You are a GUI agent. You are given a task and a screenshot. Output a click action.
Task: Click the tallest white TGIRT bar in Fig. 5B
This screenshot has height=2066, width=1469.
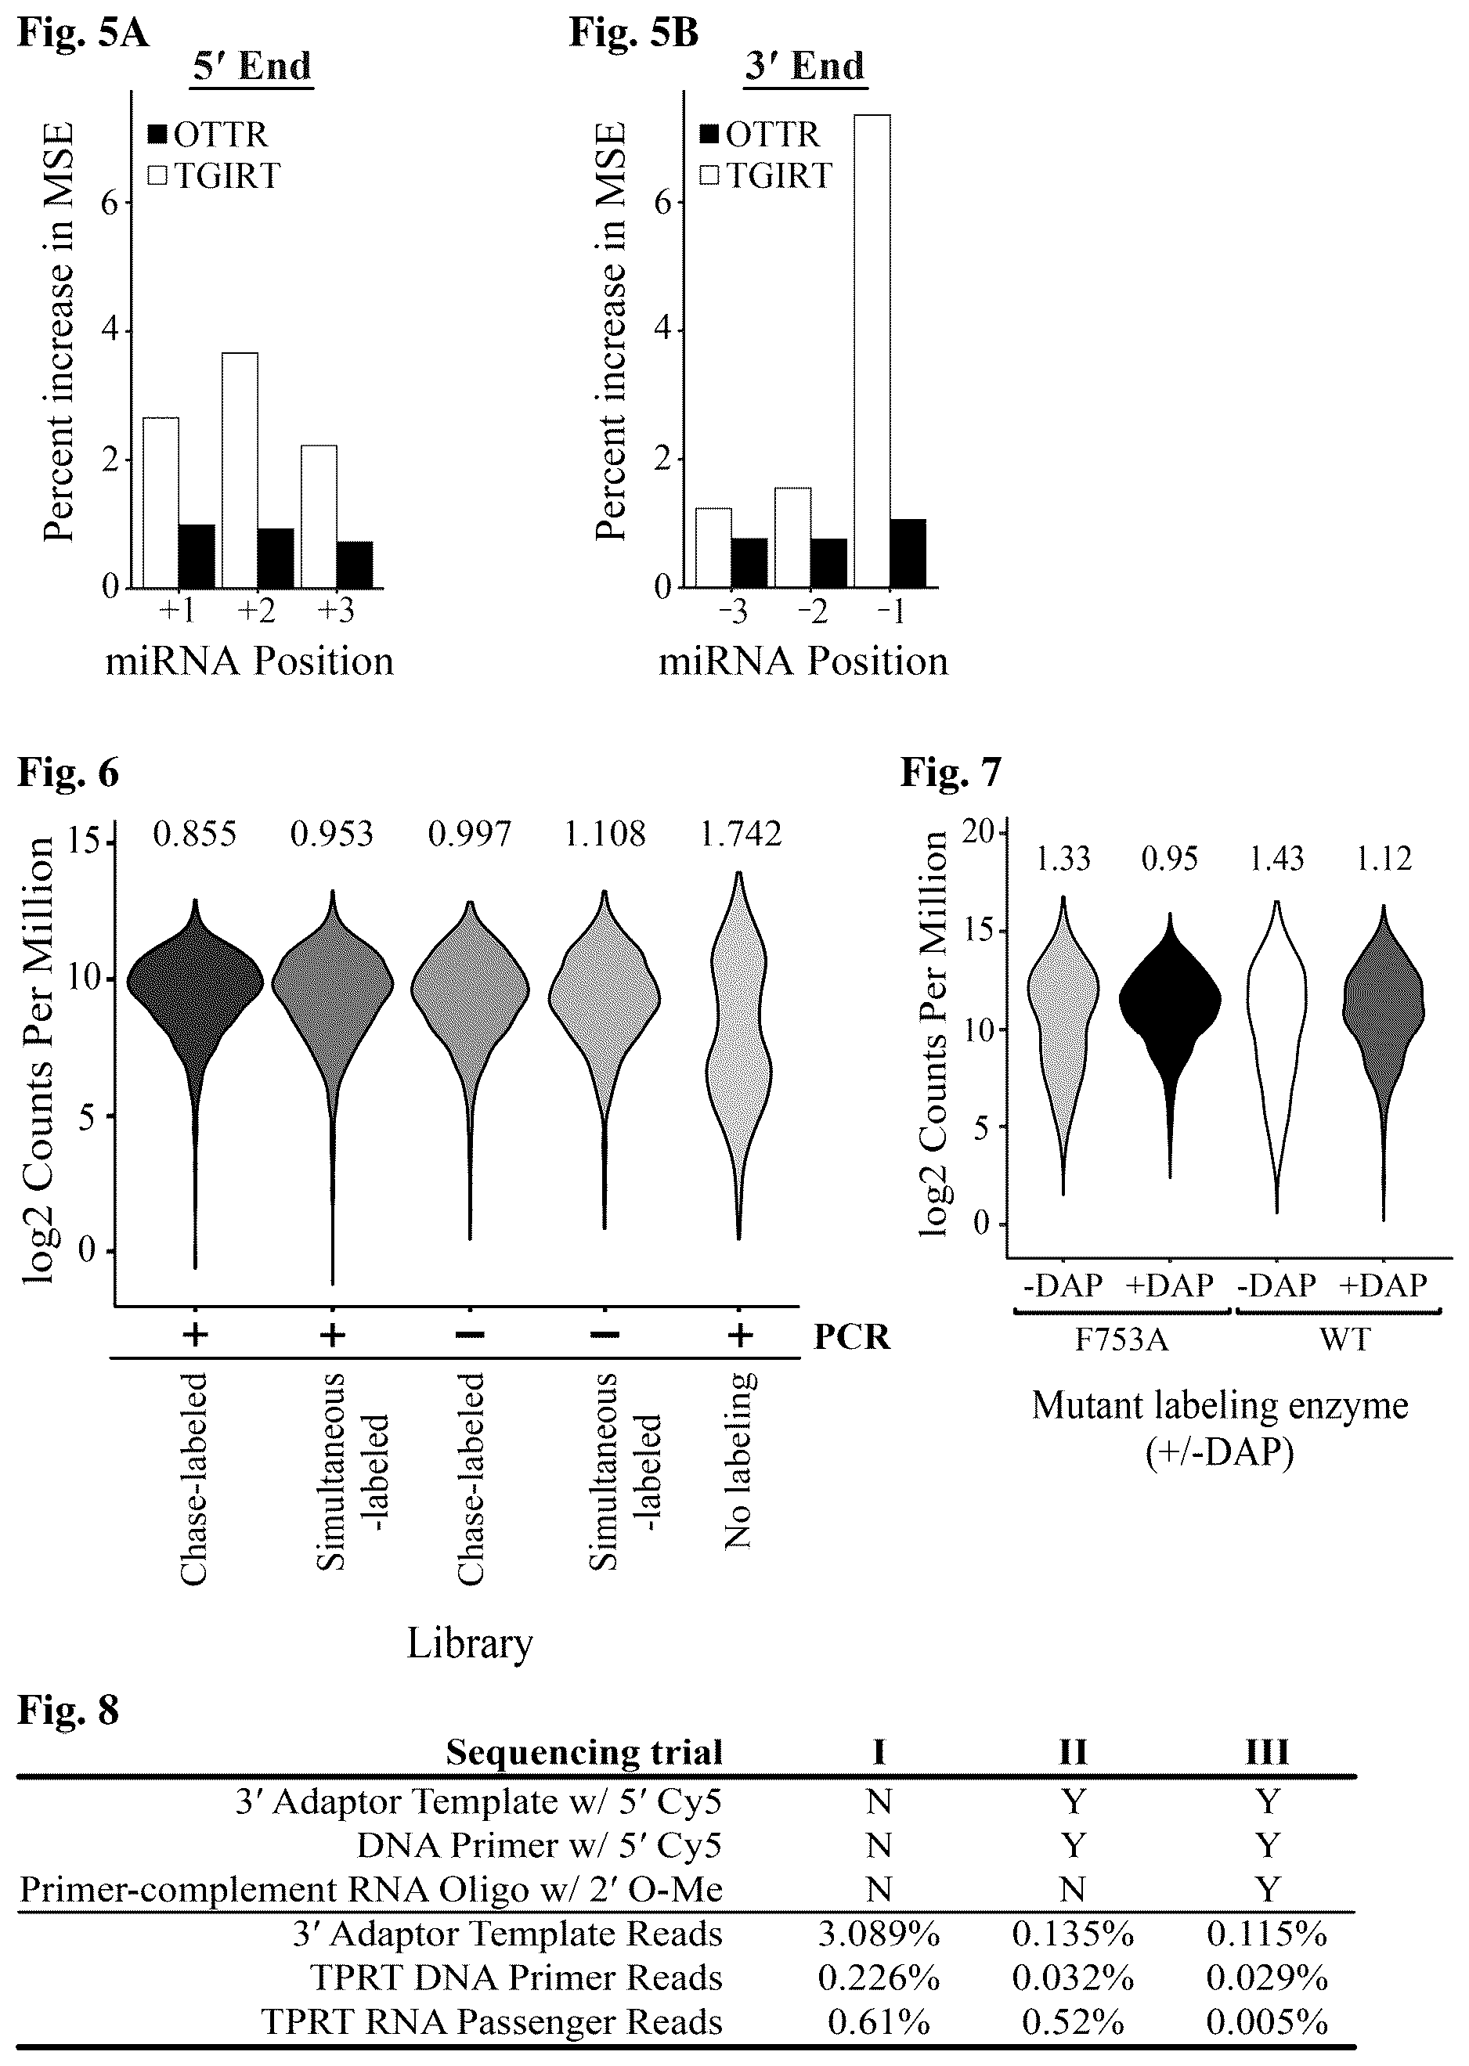tap(872, 351)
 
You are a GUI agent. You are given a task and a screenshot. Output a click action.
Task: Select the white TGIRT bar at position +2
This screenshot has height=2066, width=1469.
tap(240, 471)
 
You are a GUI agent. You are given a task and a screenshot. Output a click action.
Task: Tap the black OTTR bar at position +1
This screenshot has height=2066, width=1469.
tap(197, 556)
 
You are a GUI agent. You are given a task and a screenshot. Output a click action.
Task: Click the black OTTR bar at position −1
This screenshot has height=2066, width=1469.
tap(908, 553)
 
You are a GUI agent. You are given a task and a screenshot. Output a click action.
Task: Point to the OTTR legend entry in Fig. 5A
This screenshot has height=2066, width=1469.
tap(208, 135)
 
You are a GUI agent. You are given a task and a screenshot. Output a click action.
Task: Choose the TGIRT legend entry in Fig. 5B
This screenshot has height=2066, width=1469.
tap(765, 175)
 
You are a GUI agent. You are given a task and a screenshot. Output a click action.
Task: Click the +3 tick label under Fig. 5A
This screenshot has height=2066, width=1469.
tap(336, 611)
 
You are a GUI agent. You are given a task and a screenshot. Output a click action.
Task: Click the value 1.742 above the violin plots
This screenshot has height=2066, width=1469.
tap(741, 834)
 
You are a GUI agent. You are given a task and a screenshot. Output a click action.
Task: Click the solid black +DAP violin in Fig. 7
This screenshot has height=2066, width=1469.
tap(1170, 1044)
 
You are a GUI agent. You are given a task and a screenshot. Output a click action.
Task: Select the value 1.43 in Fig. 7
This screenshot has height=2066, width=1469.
tap(1276, 858)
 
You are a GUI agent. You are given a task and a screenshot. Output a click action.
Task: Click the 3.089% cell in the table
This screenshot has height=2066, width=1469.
tap(879, 1934)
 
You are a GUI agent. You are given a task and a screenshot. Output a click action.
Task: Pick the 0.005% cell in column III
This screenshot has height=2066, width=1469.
tap(1267, 2021)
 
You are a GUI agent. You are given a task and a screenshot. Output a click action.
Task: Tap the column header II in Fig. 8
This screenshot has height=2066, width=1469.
tap(1073, 1752)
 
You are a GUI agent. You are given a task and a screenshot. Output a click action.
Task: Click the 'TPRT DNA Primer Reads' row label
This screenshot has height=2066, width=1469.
tap(518, 1978)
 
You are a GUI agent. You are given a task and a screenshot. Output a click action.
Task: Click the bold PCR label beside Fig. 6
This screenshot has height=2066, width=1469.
tap(852, 1336)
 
